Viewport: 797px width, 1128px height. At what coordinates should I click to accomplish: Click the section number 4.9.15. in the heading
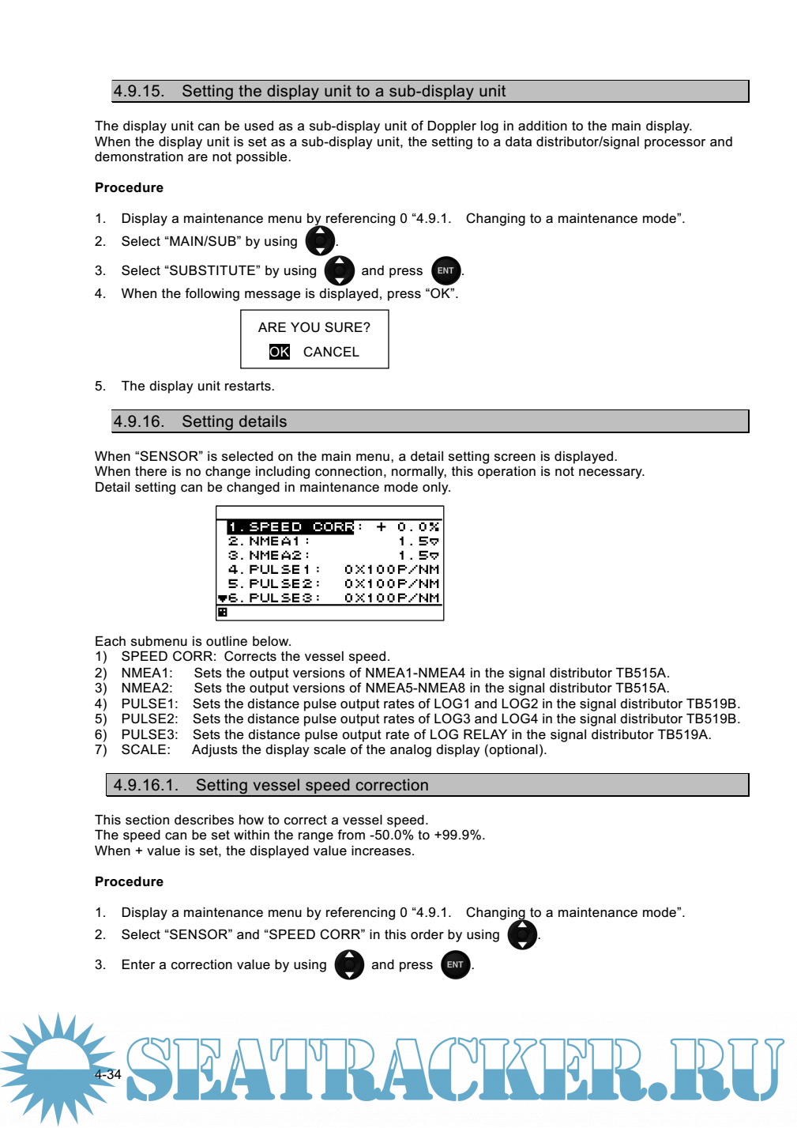[x=138, y=92]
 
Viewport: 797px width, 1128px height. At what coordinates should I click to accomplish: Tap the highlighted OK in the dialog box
[x=280, y=352]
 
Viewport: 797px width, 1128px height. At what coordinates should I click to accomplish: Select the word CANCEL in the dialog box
[x=331, y=352]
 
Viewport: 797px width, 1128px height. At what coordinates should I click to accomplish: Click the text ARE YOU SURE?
[x=314, y=327]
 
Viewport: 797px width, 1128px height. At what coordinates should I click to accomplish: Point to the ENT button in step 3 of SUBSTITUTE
[x=446, y=271]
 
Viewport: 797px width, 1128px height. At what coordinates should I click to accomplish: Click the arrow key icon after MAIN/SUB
[x=320, y=241]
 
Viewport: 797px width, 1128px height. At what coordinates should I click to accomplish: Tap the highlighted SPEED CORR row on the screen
[x=291, y=527]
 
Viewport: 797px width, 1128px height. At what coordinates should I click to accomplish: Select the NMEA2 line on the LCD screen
[x=269, y=556]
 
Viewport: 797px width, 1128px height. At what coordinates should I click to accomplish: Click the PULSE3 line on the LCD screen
[x=273, y=598]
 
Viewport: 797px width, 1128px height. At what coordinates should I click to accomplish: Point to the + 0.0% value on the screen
[x=408, y=527]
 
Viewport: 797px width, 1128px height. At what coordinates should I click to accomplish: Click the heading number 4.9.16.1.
[x=145, y=786]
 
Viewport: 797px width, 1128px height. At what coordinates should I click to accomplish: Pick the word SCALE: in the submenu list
[x=145, y=750]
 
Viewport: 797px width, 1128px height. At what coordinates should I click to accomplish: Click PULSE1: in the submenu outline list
[x=149, y=704]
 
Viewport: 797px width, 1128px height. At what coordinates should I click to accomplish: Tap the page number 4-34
[x=108, y=1075]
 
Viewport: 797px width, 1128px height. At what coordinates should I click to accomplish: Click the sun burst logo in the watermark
[x=57, y=1067]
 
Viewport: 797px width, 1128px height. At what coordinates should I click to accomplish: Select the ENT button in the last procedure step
[x=456, y=965]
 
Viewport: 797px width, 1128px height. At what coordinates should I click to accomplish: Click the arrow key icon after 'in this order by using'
[x=522, y=935]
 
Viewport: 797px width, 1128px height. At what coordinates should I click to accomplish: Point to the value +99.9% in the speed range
[x=459, y=836]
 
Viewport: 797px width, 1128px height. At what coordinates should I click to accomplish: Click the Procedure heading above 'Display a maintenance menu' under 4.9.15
[x=129, y=188]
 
